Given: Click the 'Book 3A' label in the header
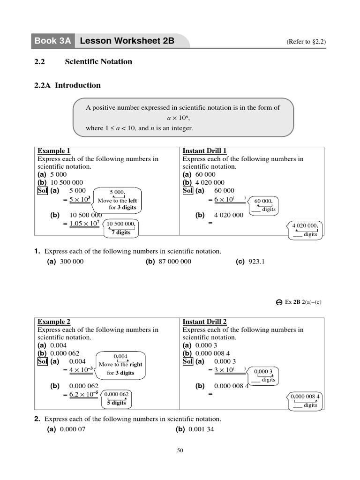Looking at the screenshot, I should click(52, 41).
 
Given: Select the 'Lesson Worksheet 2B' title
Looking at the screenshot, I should click(127, 41).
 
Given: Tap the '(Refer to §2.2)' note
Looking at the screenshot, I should click(306, 42).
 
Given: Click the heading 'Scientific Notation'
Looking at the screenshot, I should click(98, 61).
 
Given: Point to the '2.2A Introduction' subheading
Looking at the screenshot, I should click(67, 85).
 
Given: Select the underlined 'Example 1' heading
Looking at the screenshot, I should click(54, 151).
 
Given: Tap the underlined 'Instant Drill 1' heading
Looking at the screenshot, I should click(204, 151).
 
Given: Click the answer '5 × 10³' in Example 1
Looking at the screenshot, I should click(80, 199).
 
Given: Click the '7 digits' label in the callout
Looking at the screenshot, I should click(120, 232).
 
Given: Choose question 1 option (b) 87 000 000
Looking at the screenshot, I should click(169, 261).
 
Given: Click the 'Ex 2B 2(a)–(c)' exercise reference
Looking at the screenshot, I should click(303, 302).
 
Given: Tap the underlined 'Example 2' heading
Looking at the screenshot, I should click(54, 322).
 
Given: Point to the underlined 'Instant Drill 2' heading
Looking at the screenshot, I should click(204, 322).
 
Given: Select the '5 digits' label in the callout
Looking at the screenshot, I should click(116, 403).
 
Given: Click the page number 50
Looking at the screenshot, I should click(180, 451).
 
